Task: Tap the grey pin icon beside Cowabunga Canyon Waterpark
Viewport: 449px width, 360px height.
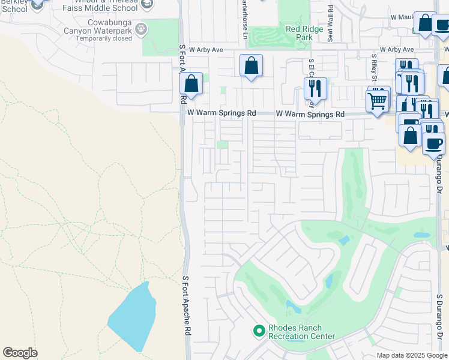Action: click(141, 28)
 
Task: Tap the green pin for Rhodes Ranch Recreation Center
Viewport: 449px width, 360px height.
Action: click(259, 331)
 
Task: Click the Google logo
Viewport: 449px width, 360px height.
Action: click(20, 353)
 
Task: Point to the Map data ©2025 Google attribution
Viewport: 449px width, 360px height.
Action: click(412, 355)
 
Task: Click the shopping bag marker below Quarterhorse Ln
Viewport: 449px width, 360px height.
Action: click(251, 65)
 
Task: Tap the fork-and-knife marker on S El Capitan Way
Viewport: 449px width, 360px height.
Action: click(315, 89)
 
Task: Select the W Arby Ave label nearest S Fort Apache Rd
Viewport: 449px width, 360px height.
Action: click(206, 50)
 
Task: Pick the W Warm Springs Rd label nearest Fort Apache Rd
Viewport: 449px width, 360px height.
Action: click(221, 113)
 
